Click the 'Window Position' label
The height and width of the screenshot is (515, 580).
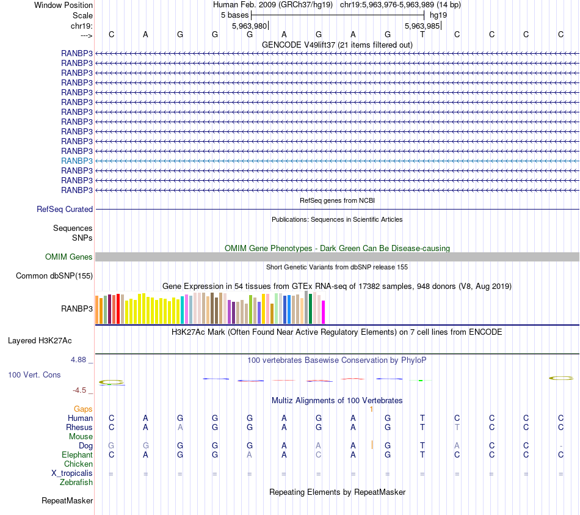point(63,5)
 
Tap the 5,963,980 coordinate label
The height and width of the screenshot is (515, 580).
point(249,26)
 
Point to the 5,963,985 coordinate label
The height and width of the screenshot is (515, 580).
point(422,26)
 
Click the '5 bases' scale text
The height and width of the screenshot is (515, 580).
point(234,15)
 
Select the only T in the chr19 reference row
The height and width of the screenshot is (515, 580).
point(422,35)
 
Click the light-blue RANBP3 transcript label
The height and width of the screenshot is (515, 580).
point(77,161)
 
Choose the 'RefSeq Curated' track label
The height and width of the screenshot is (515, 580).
point(65,210)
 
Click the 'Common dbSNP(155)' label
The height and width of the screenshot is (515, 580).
point(54,276)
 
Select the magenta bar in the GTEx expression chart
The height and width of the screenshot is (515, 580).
point(324,312)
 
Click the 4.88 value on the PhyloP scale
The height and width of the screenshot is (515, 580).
point(78,360)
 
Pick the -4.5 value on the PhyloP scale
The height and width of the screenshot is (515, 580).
point(79,390)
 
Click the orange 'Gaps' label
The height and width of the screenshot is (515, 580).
point(83,409)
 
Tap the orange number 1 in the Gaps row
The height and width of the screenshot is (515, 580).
point(371,409)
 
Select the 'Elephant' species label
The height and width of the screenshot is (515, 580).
point(77,455)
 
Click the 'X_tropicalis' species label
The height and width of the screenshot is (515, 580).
point(72,473)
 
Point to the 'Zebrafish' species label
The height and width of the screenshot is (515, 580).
point(76,483)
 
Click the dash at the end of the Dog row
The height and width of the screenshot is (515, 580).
point(560,446)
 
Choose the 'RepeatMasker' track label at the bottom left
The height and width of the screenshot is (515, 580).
point(67,501)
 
